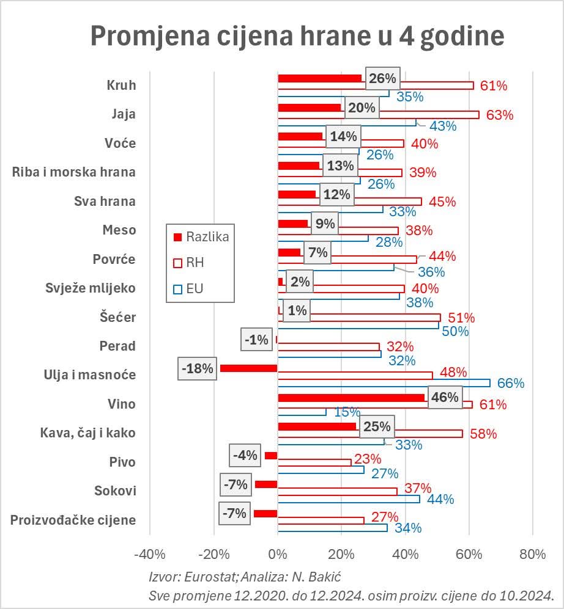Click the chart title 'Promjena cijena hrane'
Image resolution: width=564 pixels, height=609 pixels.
(x=297, y=35)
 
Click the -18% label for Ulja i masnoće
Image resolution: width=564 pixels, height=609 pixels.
(x=197, y=369)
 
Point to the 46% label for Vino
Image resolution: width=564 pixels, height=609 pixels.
(x=445, y=397)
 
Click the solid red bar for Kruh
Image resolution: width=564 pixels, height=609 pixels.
(x=320, y=78)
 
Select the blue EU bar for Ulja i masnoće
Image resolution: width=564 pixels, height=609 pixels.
(x=384, y=383)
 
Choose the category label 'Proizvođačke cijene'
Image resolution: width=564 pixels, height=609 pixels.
(x=73, y=520)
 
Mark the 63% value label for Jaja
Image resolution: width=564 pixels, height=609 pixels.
(x=500, y=115)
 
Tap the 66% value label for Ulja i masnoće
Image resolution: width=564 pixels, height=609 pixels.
(x=511, y=383)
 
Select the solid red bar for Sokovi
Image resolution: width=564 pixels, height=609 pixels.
(x=266, y=484)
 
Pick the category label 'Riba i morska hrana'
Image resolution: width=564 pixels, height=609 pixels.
(x=74, y=172)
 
